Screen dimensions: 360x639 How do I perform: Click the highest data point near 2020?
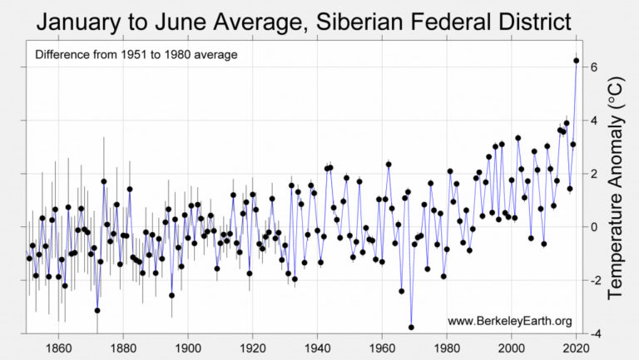[576, 60]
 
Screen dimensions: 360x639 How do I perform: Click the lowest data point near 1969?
[411, 327]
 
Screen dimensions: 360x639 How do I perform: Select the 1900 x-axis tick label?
[188, 348]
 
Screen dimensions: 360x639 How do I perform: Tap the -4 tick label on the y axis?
[593, 334]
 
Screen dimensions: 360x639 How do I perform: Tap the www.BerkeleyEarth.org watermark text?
[509, 321]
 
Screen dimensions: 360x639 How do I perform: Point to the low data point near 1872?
[97, 310]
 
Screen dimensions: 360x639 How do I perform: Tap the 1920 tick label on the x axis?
[253, 348]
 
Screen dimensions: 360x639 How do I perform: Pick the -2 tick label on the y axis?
[593, 281]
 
